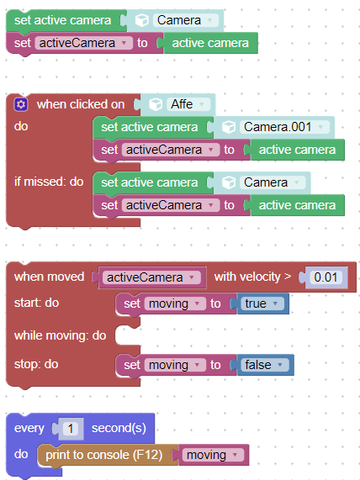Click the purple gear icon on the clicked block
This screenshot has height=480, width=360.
click(x=21, y=104)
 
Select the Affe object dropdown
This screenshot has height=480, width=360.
click(x=188, y=104)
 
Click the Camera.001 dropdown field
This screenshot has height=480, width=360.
click(x=284, y=127)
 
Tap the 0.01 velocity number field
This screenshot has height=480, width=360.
click(x=326, y=277)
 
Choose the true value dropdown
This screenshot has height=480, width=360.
click(x=262, y=303)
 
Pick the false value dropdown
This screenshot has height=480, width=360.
click(x=264, y=365)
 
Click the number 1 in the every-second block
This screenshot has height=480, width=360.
click(x=71, y=429)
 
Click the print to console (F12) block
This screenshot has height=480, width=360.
click(x=104, y=455)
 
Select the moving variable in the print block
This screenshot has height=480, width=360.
click(x=213, y=455)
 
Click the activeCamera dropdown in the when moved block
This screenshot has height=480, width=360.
click(x=151, y=277)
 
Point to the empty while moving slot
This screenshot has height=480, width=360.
click(x=127, y=335)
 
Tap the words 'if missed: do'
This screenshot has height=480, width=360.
click(x=49, y=182)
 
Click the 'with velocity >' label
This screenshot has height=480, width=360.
click(x=253, y=277)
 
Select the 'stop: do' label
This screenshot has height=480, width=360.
click(x=36, y=364)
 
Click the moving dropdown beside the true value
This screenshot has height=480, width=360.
click(x=175, y=303)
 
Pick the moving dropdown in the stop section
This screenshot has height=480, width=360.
click(x=175, y=365)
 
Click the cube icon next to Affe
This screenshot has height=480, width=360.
click(x=156, y=104)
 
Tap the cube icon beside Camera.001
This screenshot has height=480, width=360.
click(x=229, y=127)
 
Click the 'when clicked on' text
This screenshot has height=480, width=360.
click(x=81, y=104)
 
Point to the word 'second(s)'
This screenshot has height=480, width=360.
click(x=119, y=428)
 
